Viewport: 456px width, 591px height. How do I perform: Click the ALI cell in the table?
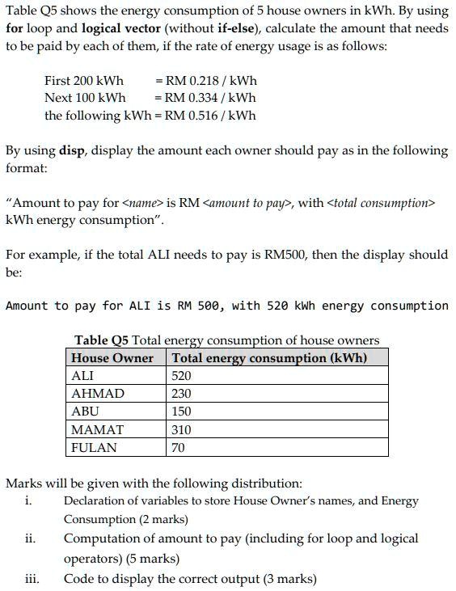point(83,376)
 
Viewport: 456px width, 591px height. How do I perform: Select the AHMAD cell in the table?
point(98,394)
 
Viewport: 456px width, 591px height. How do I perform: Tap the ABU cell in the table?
point(85,412)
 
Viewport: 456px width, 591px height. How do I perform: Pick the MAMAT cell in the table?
point(98,429)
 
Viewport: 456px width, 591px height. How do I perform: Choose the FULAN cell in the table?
point(94,447)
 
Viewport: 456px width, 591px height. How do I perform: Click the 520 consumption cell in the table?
point(182,376)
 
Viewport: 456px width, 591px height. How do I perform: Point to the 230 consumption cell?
point(182,394)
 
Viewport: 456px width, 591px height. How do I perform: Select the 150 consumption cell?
point(182,412)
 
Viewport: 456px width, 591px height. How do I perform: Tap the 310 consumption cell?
point(182,429)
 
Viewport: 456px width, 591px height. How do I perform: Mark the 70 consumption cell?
point(179,447)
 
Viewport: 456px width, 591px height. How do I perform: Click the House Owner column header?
point(112,357)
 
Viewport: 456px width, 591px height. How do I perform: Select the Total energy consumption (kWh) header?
point(269,357)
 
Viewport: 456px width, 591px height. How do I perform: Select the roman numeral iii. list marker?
point(32,578)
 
